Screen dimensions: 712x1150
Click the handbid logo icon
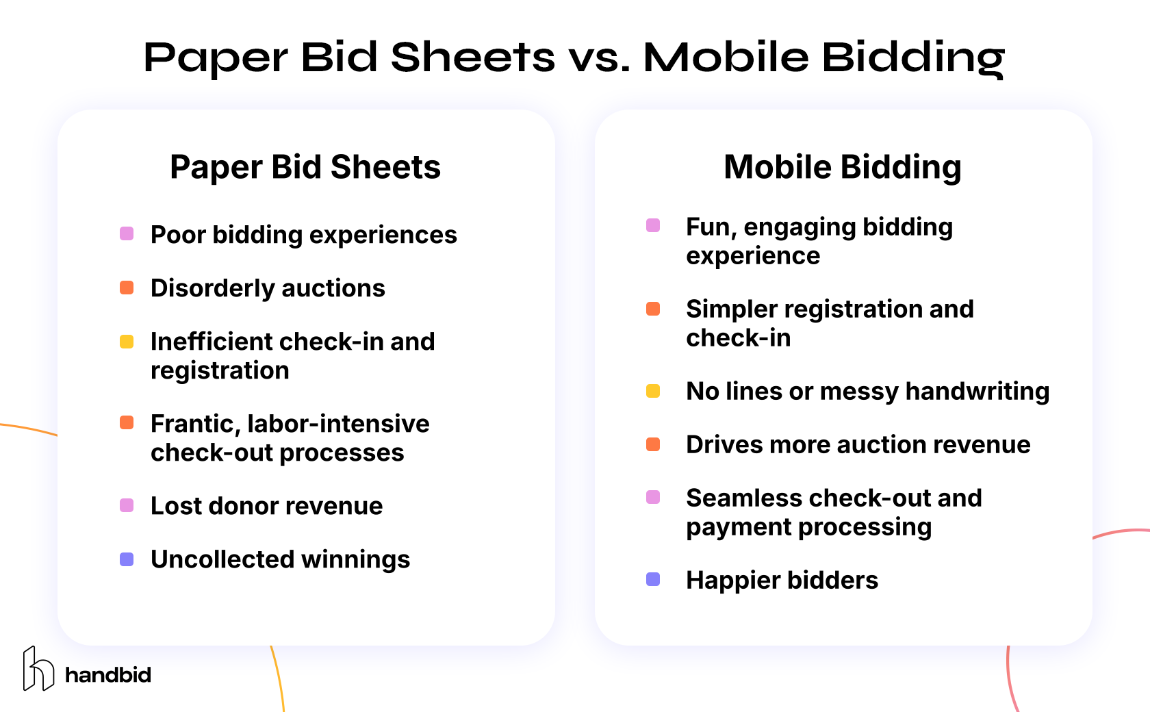[38, 669]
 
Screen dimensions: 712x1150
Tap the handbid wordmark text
[108, 675]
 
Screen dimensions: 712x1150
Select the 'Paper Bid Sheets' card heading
[305, 167]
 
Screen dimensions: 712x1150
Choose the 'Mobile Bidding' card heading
[843, 167]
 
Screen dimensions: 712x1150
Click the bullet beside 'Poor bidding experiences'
[127, 234]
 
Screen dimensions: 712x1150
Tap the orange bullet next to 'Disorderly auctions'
[127, 288]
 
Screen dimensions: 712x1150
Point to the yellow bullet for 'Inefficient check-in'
[127, 342]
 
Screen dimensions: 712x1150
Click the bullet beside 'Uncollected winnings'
[127, 559]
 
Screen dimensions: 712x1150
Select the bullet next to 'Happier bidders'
[653, 580]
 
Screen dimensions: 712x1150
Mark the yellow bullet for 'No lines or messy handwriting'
[653, 391]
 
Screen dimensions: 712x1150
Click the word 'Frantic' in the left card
[193, 424]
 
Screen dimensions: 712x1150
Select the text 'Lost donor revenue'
[266, 506]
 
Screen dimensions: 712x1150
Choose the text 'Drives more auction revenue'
[858, 444]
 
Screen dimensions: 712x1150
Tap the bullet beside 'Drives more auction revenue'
[653, 444]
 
